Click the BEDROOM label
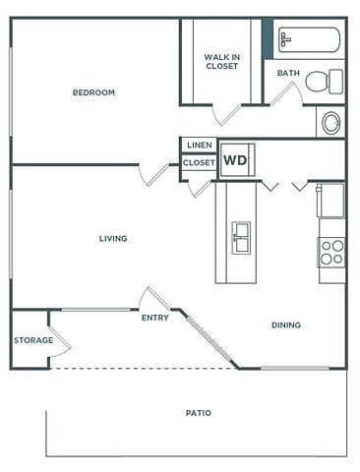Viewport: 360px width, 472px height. coord(93,92)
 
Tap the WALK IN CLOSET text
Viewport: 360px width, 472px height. coord(222,61)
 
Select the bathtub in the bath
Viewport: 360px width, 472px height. coord(309,39)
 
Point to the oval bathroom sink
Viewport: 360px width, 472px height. coord(331,123)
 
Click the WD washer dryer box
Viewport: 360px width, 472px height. coord(237,160)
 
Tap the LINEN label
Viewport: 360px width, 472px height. coord(200,145)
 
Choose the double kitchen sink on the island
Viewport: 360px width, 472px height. coord(241,238)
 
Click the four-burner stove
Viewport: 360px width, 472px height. coord(331,252)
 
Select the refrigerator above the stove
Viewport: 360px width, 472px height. coord(330,200)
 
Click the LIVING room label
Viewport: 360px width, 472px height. coord(113,239)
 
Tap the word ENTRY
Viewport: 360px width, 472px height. coord(155,318)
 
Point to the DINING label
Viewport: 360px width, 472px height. coord(286,325)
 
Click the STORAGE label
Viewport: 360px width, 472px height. coord(33,340)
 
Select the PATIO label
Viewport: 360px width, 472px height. coord(199,413)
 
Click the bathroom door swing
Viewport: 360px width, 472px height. coord(286,93)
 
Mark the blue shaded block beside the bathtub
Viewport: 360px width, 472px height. coord(268,38)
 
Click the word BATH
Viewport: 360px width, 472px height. coord(288,73)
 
